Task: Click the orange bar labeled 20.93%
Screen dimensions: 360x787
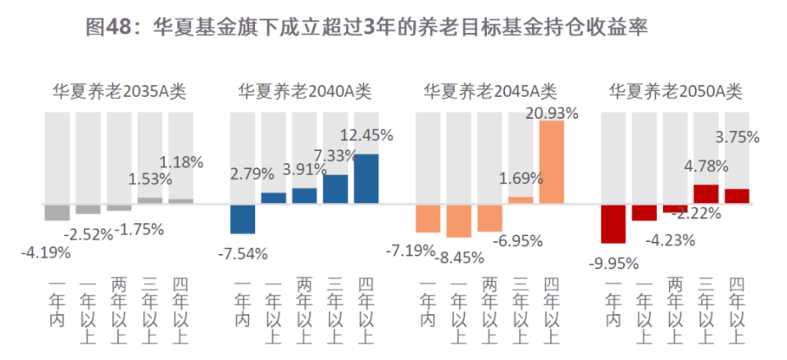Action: click(x=552, y=162)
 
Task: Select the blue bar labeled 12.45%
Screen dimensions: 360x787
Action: click(x=366, y=178)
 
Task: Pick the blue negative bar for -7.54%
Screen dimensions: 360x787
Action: click(x=243, y=218)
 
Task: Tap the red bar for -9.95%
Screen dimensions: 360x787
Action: click(x=613, y=223)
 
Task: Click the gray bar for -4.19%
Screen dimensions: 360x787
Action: click(x=57, y=212)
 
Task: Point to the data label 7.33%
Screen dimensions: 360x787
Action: click(x=334, y=155)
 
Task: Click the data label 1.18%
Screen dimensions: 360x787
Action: click(x=181, y=162)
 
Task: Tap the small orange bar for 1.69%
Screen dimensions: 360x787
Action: click(x=521, y=199)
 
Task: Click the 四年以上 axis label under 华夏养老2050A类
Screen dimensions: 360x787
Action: click(x=737, y=309)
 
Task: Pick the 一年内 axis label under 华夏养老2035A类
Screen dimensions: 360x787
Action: click(x=57, y=303)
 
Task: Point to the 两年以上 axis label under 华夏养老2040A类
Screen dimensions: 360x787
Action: click(x=304, y=309)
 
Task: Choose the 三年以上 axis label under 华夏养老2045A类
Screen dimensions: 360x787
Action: click(x=521, y=309)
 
